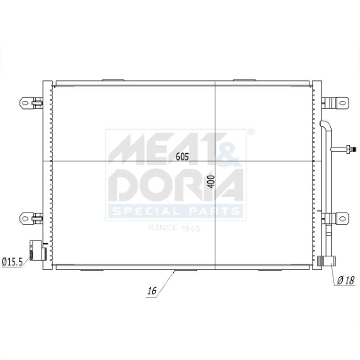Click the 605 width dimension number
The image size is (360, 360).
coord(182,157)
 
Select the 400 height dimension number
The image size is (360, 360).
coord(211,182)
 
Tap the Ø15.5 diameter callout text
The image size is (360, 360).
coord(12,262)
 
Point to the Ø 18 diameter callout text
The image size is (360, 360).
coord(346,280)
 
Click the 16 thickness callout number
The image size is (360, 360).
coord(152,291)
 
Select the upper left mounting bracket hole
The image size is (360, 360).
coord(25,103)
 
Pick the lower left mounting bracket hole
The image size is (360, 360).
coord(25,218)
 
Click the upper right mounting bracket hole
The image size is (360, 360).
coord(342,103)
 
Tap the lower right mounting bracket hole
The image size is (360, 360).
coord(342,218)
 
